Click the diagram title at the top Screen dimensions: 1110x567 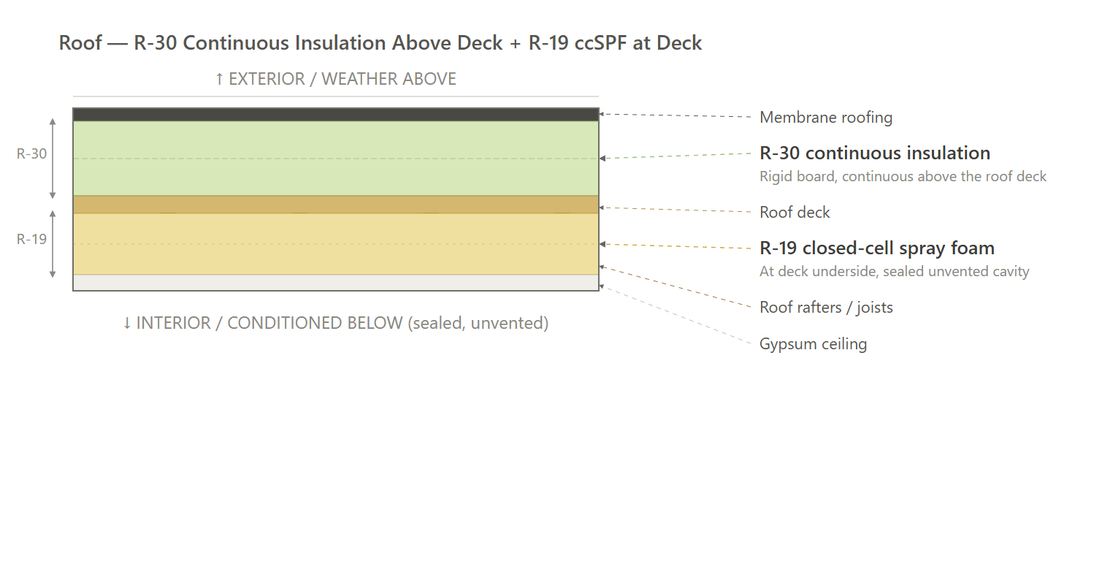380,43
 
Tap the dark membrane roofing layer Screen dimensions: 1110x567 336,115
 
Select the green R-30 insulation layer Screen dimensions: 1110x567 336,158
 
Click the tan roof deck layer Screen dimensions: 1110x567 336,204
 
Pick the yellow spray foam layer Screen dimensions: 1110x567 336,244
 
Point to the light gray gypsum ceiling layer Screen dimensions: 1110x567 336,283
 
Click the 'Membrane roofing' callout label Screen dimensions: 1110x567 826,118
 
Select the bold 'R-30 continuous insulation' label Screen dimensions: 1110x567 875,153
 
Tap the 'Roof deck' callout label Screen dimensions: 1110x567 795,212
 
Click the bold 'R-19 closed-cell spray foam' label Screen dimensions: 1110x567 877,248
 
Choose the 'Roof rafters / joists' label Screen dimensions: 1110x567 826,308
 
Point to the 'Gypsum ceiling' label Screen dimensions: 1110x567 814,344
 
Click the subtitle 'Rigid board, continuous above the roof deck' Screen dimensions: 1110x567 903,176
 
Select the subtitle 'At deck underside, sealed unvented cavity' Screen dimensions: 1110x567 895,272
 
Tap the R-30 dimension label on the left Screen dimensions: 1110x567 31,153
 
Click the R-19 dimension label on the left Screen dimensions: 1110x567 31,239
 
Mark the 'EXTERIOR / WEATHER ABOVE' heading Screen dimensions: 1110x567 335,80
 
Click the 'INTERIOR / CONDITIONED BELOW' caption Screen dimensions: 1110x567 335,323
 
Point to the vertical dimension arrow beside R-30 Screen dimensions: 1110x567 53,159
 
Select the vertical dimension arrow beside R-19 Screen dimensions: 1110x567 53,244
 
